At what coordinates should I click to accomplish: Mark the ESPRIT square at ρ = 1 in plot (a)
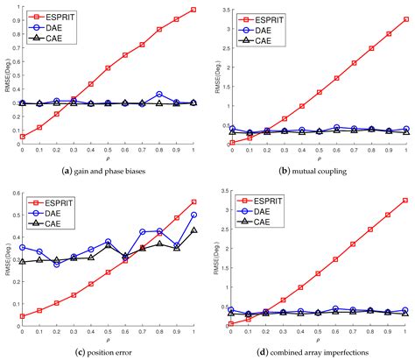[193, 10]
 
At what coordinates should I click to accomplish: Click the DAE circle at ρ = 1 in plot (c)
[193, 215]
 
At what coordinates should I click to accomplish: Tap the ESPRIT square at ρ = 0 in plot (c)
[22, 316]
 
